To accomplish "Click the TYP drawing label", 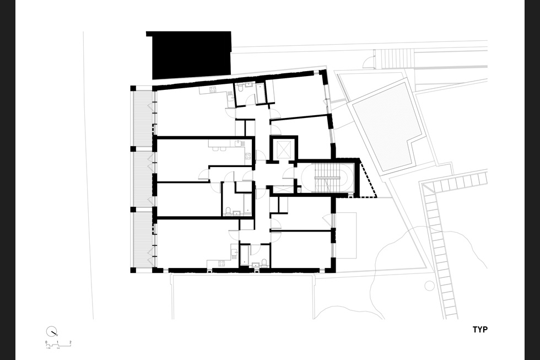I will [479, 330].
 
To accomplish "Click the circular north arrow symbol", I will [51, 331].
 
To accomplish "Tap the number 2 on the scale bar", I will [71, 342].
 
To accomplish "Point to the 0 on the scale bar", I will [46, 342].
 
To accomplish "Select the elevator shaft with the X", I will [283, 149].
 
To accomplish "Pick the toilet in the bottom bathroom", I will [264, 262].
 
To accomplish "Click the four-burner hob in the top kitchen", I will [212, 91].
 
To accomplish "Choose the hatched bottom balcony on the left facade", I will [142, 240].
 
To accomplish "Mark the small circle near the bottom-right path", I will [429, 285].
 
